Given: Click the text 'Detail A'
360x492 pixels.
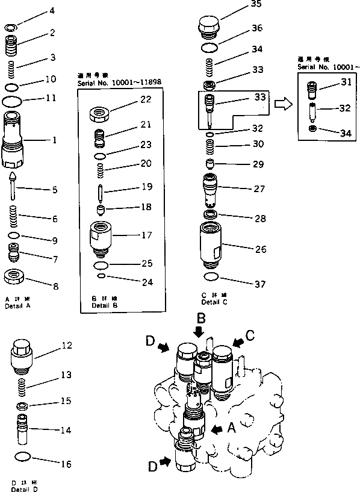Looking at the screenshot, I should (17, 306).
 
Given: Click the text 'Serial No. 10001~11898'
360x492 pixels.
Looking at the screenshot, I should (119, 83).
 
